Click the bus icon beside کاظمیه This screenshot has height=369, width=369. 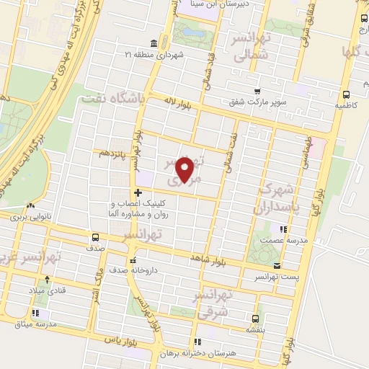(347, 94)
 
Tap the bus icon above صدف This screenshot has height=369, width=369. (96, 237)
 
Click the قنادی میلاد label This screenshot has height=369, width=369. (44, 290)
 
